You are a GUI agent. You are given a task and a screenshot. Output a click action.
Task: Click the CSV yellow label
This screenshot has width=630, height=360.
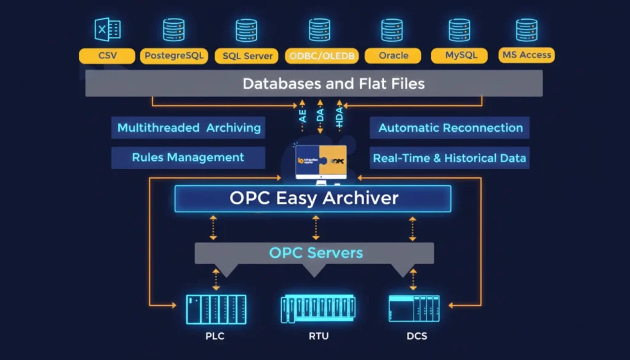[x=107, y=56]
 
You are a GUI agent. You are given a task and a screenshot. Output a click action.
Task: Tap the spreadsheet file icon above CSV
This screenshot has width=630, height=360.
[x=107, y=30]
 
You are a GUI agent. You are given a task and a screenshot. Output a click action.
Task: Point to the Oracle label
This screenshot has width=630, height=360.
[x=393, y=56]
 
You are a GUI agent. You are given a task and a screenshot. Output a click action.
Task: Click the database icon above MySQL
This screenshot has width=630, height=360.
[x=458, y=30]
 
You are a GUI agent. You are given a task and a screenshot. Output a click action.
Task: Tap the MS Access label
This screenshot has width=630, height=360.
[x=527, y=55]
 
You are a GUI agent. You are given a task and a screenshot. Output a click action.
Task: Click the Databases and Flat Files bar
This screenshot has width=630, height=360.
[x=314, y=83]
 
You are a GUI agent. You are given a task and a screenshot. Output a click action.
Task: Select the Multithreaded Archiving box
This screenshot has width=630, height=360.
[x=188, y=128]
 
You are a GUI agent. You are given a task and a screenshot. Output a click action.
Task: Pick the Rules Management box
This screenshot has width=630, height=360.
[x=188, y=158]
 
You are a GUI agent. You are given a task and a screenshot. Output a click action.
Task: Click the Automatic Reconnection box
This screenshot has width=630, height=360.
[x=450, y=128]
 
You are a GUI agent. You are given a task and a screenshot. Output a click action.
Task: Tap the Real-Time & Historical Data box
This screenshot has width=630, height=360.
[x=450, y=158]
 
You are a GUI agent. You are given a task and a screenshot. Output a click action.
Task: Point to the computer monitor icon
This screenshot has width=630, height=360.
[x=320, y=163]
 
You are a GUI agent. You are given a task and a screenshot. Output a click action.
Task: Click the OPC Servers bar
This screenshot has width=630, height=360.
[x=314, y=252]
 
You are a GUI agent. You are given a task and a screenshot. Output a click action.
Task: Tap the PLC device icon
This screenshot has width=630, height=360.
[x=216, y=309]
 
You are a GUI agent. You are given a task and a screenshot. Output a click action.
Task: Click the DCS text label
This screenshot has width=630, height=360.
[x=417, y=336]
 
